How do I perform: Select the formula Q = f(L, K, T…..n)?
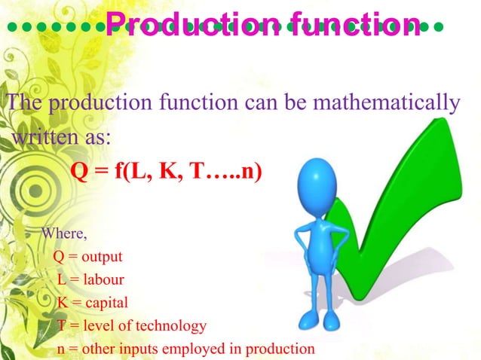coord(166,171)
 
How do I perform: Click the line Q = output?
coord(88,256)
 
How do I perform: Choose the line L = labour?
coord(90,279)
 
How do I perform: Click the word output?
coord(102,256)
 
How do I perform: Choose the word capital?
coord(106,303)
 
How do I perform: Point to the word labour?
coord(103,279)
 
